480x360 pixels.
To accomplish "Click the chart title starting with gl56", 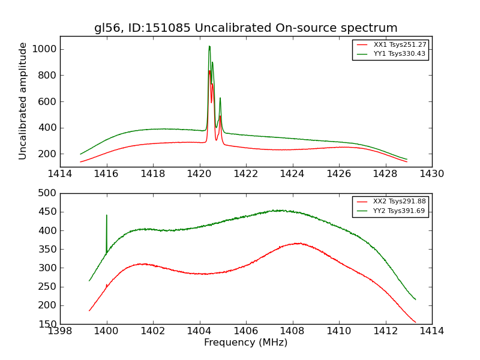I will [245, 28].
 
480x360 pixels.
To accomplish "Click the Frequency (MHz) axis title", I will [245, 343].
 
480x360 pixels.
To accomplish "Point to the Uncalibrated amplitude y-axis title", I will [23, 101].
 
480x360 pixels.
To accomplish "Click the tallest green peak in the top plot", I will [209, 46].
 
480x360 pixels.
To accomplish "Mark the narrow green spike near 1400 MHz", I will [107, 215].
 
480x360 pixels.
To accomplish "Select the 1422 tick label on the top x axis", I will [246, 174].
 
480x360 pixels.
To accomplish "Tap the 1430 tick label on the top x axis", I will [432, 174].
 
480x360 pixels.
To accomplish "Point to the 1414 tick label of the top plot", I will [60, 174].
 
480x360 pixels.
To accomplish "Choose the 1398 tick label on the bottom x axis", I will [60, 331].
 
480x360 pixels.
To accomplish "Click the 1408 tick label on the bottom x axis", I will [292, 331].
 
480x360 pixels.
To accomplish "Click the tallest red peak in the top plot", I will [209, 71].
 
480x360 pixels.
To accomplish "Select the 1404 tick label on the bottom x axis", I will [199, 331].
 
